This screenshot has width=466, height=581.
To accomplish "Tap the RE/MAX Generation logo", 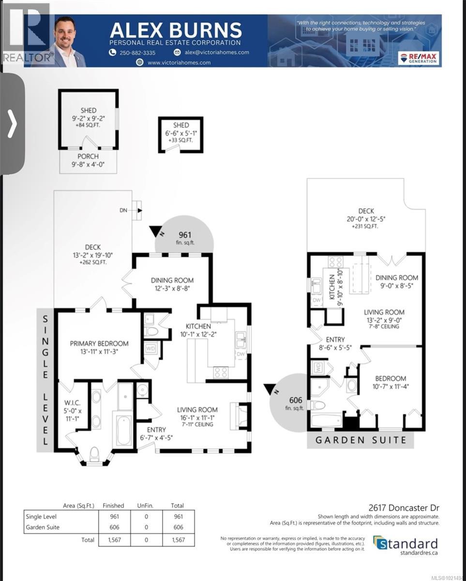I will pyautogui.click(x=419, y=58).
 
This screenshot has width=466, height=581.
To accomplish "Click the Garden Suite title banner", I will pyautogui.click(x=360, y=440).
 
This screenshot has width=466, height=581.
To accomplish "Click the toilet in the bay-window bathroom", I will pyautogui.click(x=94, y=454).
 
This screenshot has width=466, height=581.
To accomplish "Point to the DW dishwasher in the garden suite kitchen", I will pyautogui.click(x=316, y=300).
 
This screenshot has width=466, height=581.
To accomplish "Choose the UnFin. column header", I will pyautogui.click(x=146, y=505).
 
